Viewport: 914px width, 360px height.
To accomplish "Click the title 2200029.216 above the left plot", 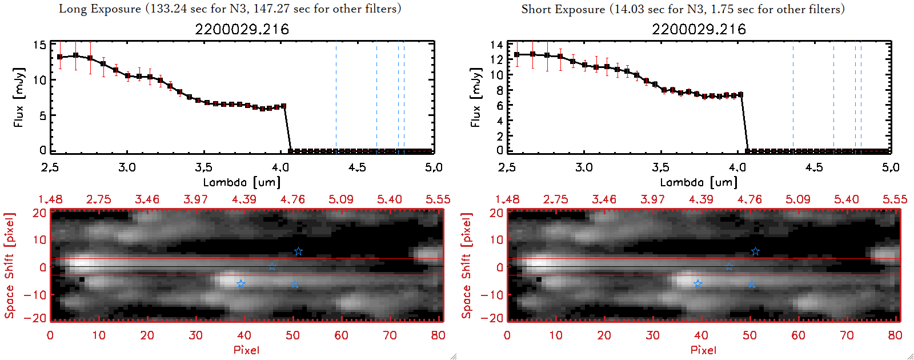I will (242, 29).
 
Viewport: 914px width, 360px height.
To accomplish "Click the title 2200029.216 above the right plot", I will (699, 29).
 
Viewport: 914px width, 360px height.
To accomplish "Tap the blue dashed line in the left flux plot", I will (336, 97).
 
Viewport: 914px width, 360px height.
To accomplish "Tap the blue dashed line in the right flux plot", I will (793, 97).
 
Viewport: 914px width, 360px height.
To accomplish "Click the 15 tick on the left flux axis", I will (39, 45).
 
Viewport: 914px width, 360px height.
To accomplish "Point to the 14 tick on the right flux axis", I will (496, 45).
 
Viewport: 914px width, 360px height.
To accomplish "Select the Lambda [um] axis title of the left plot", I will (242, 182).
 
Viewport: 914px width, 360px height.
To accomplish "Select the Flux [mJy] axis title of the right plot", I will (475, 97).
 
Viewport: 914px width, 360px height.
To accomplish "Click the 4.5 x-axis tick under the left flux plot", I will (357, 167).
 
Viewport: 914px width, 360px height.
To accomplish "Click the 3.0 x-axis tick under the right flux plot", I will (584, 167).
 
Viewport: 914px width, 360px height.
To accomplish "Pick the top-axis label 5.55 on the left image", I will (438, 199).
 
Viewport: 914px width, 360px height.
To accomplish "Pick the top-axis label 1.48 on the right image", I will (507, 199).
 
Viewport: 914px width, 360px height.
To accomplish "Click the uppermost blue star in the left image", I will (298, 251).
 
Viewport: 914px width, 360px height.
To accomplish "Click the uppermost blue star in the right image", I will (755, 251).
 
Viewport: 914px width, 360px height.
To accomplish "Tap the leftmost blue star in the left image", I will (241, 283).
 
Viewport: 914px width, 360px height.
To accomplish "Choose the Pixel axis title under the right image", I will (703, 350).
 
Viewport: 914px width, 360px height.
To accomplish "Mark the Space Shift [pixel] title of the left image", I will (9, 266).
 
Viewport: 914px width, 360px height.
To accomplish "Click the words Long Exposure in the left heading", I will (100, 9).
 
